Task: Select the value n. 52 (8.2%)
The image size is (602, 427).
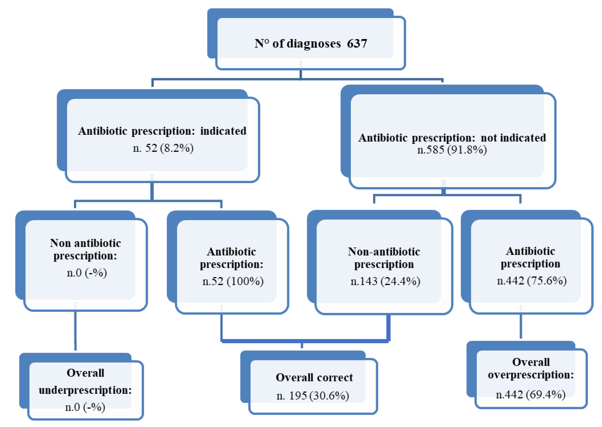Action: click(x=163, y=148)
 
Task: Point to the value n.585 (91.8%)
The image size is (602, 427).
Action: click(x=452, y=150)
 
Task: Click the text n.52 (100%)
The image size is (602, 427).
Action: click(x=233, y=282)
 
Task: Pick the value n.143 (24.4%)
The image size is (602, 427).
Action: click(x=385, y=282)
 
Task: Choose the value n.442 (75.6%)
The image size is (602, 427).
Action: click(x=532, y=281)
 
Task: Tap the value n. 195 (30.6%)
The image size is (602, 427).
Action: click(x=313, y=396)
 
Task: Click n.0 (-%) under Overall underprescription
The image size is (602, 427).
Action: click(x=85, y=407)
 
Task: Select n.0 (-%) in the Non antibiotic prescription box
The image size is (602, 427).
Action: click(x=86, y=273)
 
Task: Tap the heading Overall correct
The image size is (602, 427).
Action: click(x=314, y=378)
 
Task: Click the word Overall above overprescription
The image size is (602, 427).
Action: click(x=531, y=362)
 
